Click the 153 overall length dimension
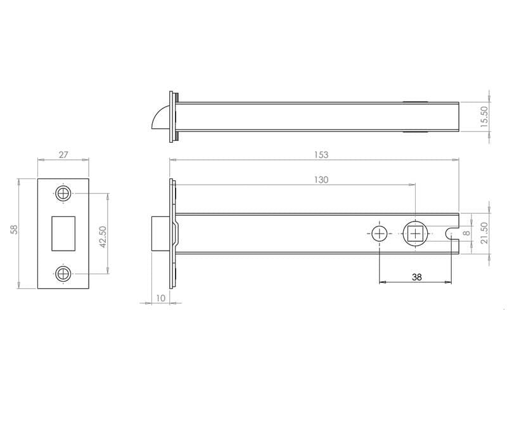click(321, 155)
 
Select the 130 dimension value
click(321, 180)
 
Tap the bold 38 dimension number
click(417, 277)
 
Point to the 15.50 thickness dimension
click(484, 117)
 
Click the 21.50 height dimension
click(484, 233)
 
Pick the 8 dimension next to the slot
click(466, 233)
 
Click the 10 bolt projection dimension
click(161, 298)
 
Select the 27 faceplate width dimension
click(63, 155)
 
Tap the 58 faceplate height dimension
click(14, 230)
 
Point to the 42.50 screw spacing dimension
click(103, 237)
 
